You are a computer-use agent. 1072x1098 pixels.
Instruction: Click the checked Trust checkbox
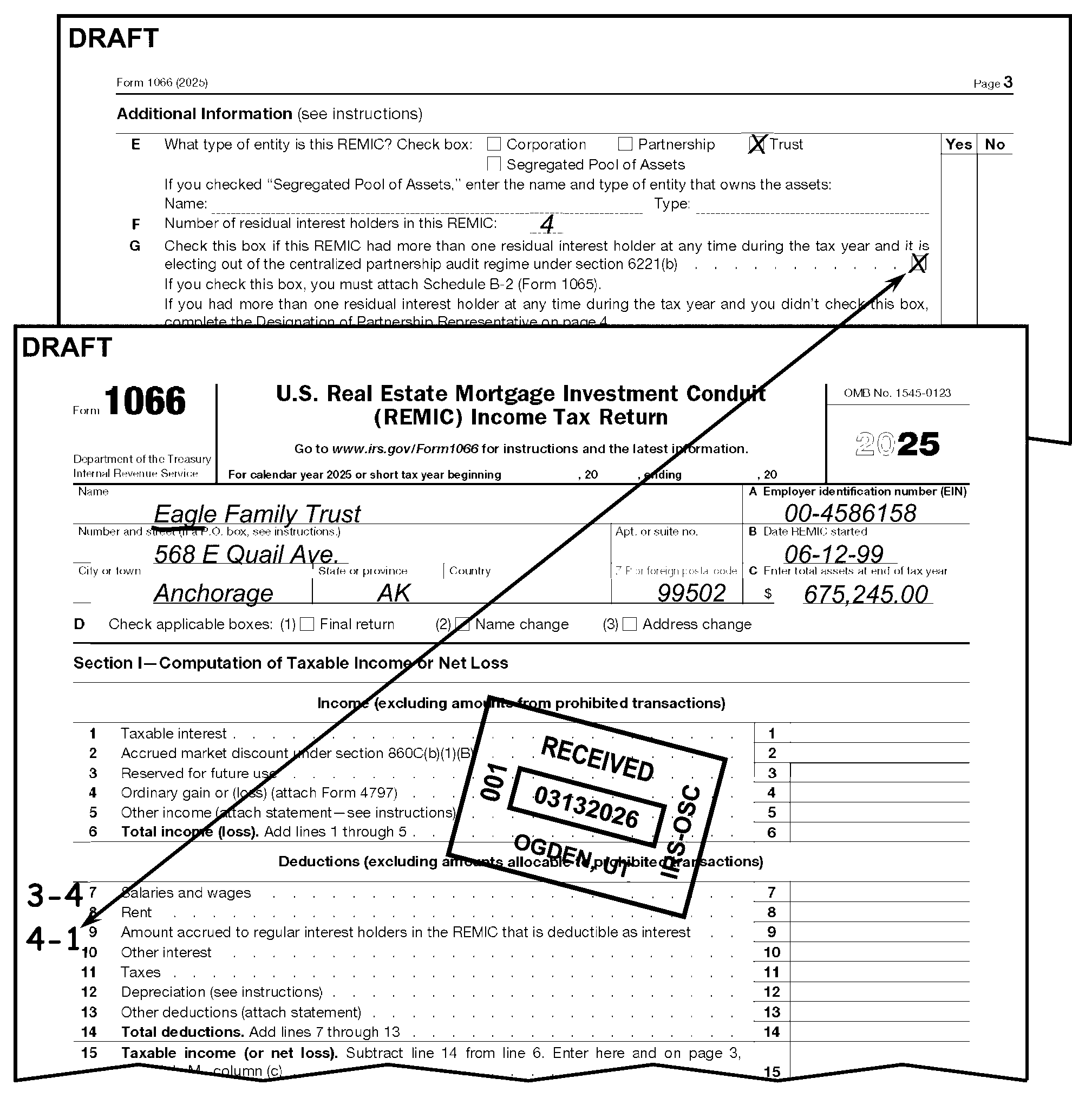coord(757,145)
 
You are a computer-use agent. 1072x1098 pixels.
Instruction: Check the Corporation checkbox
coord(494,144)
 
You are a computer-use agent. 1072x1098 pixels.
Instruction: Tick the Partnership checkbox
coord(625,144)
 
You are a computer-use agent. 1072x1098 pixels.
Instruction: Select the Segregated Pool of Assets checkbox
coord(494,164)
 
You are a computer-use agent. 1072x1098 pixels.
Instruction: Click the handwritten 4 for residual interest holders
coord(547,224)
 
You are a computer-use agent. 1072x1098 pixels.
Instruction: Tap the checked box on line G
coord(918,263)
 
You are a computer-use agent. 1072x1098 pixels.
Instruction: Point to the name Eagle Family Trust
coord(257,513)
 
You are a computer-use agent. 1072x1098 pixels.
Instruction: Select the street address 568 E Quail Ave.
coord(246,554)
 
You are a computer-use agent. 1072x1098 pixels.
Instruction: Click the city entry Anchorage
coord(213,593)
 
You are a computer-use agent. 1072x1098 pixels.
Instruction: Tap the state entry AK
coord(394,593)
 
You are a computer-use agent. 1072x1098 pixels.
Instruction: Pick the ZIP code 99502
coord(691,593)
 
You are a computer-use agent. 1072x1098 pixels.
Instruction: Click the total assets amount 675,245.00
coord(865,594)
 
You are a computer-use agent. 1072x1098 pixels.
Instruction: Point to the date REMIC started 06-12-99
coord(833,554)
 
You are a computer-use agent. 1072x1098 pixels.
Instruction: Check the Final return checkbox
coord(307,624)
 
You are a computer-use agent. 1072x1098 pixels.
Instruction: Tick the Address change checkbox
coord(630,624)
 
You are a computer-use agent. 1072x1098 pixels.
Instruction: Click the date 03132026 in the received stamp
coord(586,807)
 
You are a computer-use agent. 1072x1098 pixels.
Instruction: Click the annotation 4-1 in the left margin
coord(54,939)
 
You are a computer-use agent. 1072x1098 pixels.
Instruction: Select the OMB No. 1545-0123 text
coord(897,393)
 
